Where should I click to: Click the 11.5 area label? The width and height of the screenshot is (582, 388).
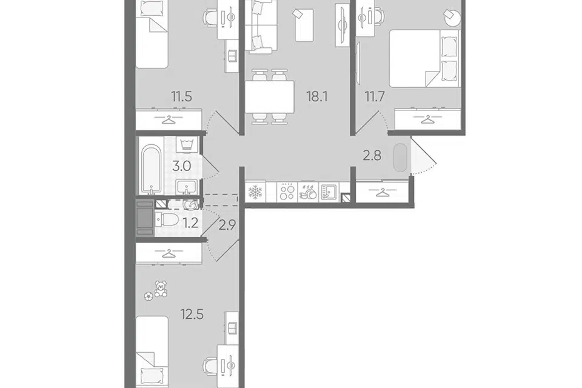click(x=181, y=97)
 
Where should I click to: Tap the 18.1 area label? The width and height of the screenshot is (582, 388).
click(x=317, y=97)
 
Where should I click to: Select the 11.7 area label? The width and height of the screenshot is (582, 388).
click(x=375, y=97)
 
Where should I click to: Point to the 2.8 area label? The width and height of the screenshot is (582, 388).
click(x=372, y=156)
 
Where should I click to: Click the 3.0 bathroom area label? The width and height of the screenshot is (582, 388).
click(x=181, y=166)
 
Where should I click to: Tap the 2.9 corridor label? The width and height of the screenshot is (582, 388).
click(x=227, y=225)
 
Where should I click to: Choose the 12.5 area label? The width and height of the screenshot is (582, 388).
click(x=192, y=315)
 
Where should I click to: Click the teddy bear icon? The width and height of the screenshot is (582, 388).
click(x=161, y=289)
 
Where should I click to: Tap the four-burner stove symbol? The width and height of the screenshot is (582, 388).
click(x=287, y=192)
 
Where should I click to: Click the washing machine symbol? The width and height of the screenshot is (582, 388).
click(x=189, y=145)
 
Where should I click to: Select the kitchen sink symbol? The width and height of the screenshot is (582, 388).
click(x=329, y=192)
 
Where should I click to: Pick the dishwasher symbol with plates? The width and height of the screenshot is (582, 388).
click(x=308, y=192)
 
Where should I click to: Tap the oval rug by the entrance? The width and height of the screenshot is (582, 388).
click(x=401, y=158)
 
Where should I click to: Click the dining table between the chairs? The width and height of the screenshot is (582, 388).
click(x=269, y=97)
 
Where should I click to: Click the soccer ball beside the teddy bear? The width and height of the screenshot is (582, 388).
click(x=149, y=296)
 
